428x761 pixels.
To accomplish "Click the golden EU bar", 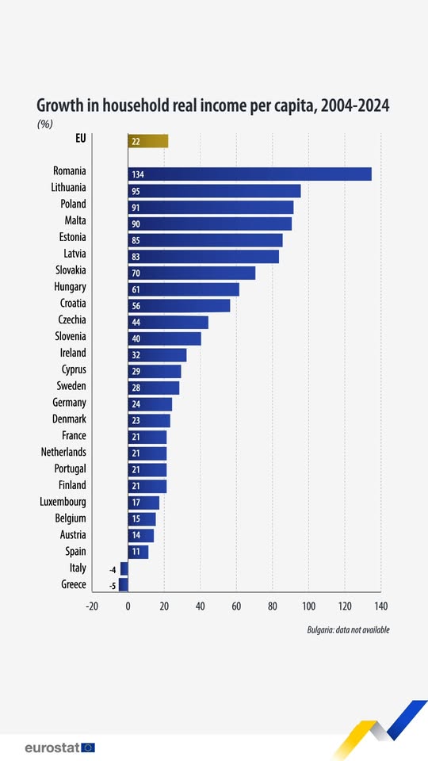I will pos(148,141).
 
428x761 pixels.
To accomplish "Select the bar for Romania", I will pos(250,174).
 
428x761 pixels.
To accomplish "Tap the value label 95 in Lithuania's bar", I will pos(136,191).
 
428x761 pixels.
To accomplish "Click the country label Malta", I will pos(75,220).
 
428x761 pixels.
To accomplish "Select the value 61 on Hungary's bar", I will pos(136,290).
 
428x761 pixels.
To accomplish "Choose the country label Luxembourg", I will pos(63,501).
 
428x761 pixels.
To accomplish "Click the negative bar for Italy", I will pos(124,568).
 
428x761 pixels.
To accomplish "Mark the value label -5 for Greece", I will pos(113,586).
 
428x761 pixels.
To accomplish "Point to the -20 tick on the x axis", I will pos(92,606).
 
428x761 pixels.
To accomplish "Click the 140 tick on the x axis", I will pos(380,606).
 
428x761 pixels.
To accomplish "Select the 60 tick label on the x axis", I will pos(236,606).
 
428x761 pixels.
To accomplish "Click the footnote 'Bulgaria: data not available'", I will pos(348,629).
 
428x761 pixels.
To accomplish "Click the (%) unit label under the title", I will pos(44,124).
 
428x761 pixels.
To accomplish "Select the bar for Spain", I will pos(138,552).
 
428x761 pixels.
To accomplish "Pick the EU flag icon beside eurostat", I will pos(88,747).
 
